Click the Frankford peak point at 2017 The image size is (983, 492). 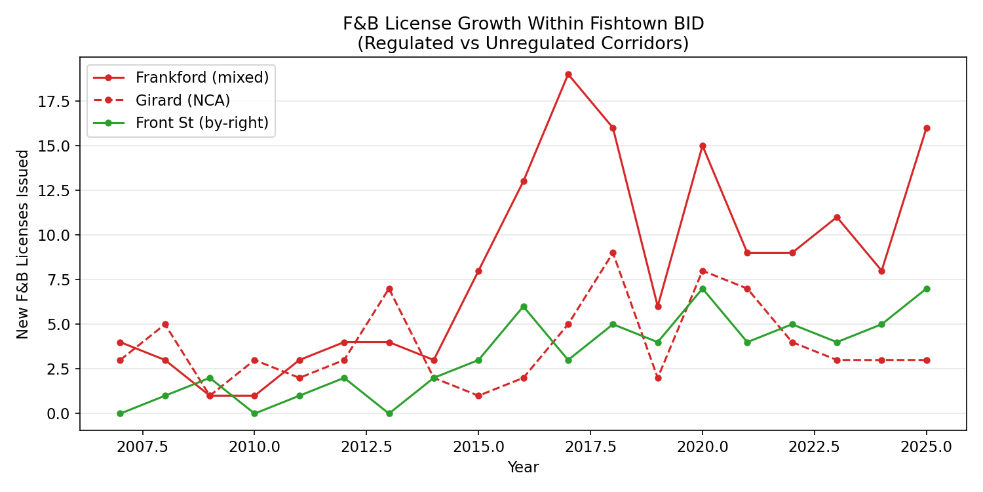(x=568, y=74)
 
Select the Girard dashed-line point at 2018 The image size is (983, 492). (x=613, y=253)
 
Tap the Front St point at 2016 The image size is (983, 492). (x=524, y=306)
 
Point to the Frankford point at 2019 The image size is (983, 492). (x=658, y=306)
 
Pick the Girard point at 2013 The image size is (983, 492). (x=389, y=289)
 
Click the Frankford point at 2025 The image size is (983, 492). (x=927, y=128)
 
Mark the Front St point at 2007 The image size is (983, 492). (x=120, y=413)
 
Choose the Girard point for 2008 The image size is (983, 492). (x=165, y=324)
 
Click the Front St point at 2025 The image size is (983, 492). (x=927, y=289)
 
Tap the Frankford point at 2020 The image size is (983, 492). (x=703, y=146)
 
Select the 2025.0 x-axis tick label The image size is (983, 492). (x=927, y=447)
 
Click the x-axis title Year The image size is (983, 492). (x=523, y=467)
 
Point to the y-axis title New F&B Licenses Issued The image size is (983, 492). (x=23, y=244)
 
